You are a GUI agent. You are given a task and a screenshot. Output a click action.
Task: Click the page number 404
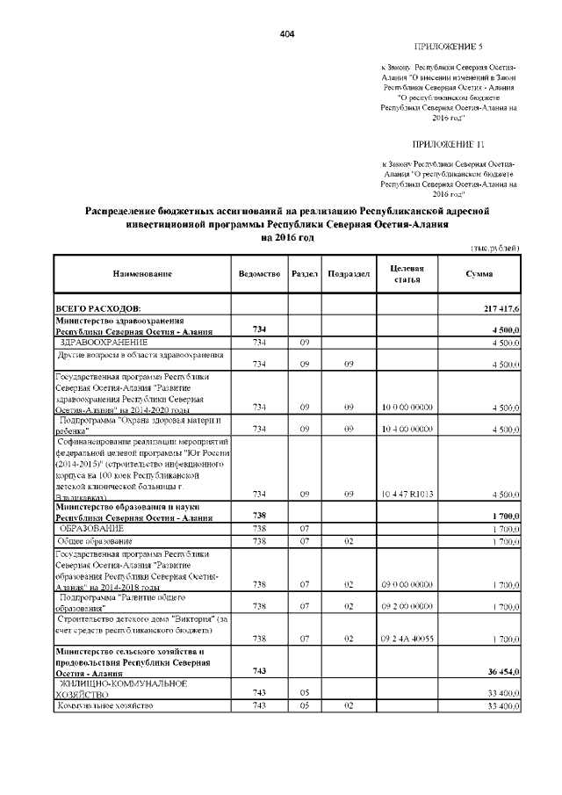coord(286,33)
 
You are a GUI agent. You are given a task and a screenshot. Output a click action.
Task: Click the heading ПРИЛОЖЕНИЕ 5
coord(448,46)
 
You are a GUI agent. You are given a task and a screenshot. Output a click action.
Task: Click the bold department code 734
coord(259,329)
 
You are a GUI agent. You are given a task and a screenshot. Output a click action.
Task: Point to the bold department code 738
coord(259,516)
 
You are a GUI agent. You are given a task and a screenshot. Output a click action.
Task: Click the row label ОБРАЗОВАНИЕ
coord(92,529)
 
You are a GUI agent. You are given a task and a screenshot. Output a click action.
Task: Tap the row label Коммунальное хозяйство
coord(106,705)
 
